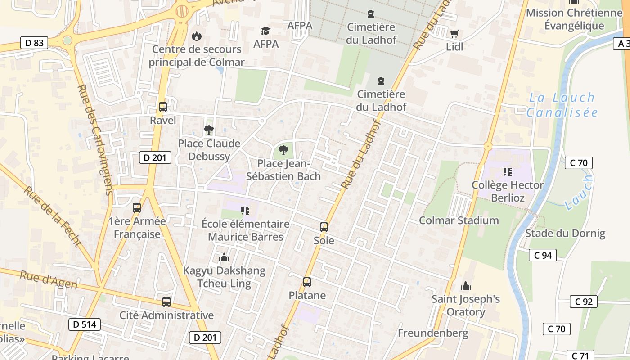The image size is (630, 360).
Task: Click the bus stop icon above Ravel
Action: pyautogui.click(x=163, y=107)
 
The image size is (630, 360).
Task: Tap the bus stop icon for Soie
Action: pyautogui.click(x=324, y=227)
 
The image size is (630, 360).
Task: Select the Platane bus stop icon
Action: pyautogui.click(x=307, y=282)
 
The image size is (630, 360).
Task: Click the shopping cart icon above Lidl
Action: pyautogui.click(x=454, y=34)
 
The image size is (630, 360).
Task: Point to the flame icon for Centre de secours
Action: pyautogui.click(x=197, y=36)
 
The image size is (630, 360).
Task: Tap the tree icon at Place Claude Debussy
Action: pyautogui.click(x=209, y=130)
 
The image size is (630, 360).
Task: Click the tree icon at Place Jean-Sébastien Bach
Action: pyautogui.click(x=283, y=150)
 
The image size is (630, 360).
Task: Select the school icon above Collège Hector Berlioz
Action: pyautogui.click(x=508, y=171)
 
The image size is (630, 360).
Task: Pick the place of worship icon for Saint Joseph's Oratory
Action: pyautogui.click(x=466, y=286)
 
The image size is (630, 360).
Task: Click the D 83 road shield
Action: pyautogui.click(x=34, y=43)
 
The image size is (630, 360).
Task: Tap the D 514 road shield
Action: pyautogui.click(x=85, y=324)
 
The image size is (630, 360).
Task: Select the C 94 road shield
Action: pyautogui.click(x=542, y=255)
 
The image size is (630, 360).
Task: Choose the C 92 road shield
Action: pyautogui.click(x=584, y=301)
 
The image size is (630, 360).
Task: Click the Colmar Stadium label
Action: pyautogui.click(x=459, y=220)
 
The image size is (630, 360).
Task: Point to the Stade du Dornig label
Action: pyautogui.click(x=565, y=234)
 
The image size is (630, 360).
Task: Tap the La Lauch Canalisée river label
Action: pyautogui.click(x=562, y=105)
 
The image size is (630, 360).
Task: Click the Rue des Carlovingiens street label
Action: pyautogui.click(x=95, y=139)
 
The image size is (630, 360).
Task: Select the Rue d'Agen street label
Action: pyautogui.click(x=48, y=280)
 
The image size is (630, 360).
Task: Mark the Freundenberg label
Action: pyautogui.click(x=433, y=333)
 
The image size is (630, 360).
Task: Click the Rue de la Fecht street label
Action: pyautogui.click(x=53, y=216)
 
